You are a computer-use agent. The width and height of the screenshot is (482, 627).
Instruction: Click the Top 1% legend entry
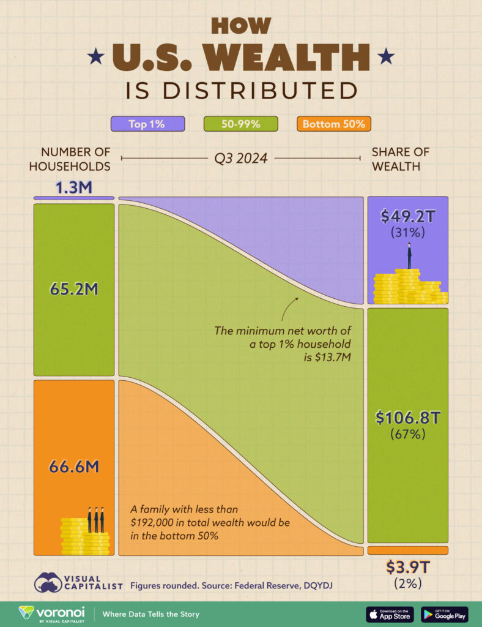pyautogui.click(x=147, y=124)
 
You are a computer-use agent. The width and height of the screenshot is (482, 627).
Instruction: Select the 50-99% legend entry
pyautogui.click(x=240, y=124)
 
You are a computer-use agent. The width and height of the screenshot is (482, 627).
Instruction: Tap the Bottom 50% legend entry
pyautogui.click(x=333, y=124)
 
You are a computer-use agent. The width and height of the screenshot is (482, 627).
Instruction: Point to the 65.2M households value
pyautogui.click(x=73, y=289)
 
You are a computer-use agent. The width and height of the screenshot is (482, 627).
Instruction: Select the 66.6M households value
pyautogui.click(x=73, y=467)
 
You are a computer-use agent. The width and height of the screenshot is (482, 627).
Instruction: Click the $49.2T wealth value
pyautogui.click(x=407, y=216)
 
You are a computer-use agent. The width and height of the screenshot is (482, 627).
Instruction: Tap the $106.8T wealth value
pyautogui.click(x=407, y=418)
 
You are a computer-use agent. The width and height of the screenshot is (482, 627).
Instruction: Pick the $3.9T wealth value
pyautogui.click(x=407, y=567)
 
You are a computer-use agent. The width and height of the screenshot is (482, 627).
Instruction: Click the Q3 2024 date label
pyautogui.click(x=240, y=159)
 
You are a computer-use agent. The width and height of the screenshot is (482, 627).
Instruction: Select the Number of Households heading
pyautogui.click(x=76, y=159)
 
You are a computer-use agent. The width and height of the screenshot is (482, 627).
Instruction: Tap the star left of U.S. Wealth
pyautogui.click(x=95, y=58)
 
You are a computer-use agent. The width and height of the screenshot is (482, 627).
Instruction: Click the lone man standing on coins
pyautogui.click(x=409, y=255)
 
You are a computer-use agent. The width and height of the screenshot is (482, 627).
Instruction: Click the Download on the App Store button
pyautogui.click(x=390, y=614)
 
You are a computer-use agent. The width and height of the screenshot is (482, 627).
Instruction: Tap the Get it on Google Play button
pyautogui.click(x=444, y=614)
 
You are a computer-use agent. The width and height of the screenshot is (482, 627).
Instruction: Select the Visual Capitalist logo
pyautogui.click(x=78, y=582)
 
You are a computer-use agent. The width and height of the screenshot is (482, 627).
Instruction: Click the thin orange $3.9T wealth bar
pyautogui.click(x=407, y=550)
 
